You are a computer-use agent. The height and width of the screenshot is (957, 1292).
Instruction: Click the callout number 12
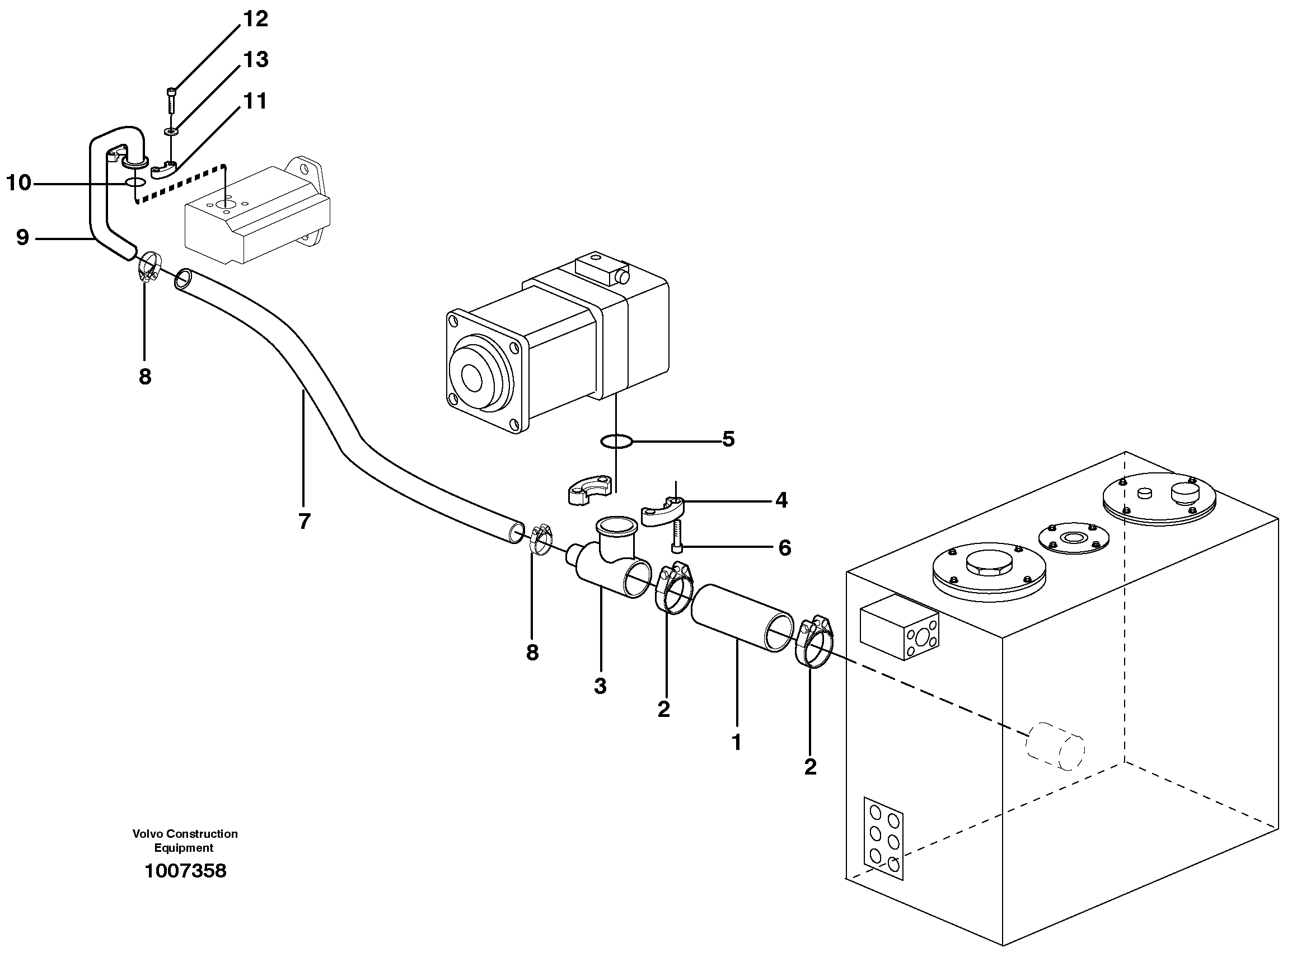[x=255, y=19]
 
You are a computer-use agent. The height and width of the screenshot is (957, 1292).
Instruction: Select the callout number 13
[x=255, y=60]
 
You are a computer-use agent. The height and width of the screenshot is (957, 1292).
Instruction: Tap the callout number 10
[x=18, y=183]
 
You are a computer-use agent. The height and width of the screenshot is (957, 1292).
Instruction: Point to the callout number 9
[x=22, y=237]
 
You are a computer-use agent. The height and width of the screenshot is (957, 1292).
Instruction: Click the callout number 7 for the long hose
[x=305, y=522]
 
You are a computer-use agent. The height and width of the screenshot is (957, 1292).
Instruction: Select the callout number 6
[x=784, y=547]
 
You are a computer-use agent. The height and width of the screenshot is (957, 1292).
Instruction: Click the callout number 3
[x=600, y=686]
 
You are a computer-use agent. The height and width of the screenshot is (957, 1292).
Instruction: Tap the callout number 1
[x=736, y=742]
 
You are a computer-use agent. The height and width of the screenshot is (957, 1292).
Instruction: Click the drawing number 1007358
[x=185, y=871]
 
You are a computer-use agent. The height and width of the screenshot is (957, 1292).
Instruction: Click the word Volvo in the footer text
[x=147, y=834]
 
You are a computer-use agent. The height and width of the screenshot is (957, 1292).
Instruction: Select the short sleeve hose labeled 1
[x=742, y=618]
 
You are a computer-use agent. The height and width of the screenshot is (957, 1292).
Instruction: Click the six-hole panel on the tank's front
[x=883, y=838]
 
